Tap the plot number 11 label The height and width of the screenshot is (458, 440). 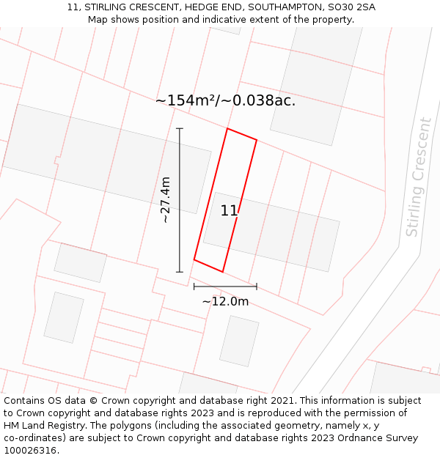click(x=229, y=211)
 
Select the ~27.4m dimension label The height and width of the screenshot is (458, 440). click(x=166, y=199)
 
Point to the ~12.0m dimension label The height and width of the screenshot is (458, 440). click(x=225, y=301)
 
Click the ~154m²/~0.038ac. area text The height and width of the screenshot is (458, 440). click(x=225, y=101)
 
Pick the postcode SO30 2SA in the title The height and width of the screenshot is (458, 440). click(x=349, y=7)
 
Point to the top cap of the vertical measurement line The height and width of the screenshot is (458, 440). click(x=180, y=129)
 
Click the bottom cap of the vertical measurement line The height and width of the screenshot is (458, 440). click(x=180, y=272)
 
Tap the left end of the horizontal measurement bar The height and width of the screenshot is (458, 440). click(x=194, y=286)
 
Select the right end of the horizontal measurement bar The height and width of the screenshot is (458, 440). click(x=257, y=286)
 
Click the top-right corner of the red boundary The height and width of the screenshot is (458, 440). click(x=257, y=139)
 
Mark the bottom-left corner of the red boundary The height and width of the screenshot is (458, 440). click(x=194, y=259)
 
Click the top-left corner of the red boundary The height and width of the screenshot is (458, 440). click(x=227, y=129)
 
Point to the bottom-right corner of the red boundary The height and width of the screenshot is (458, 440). click(x=222, y=272)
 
